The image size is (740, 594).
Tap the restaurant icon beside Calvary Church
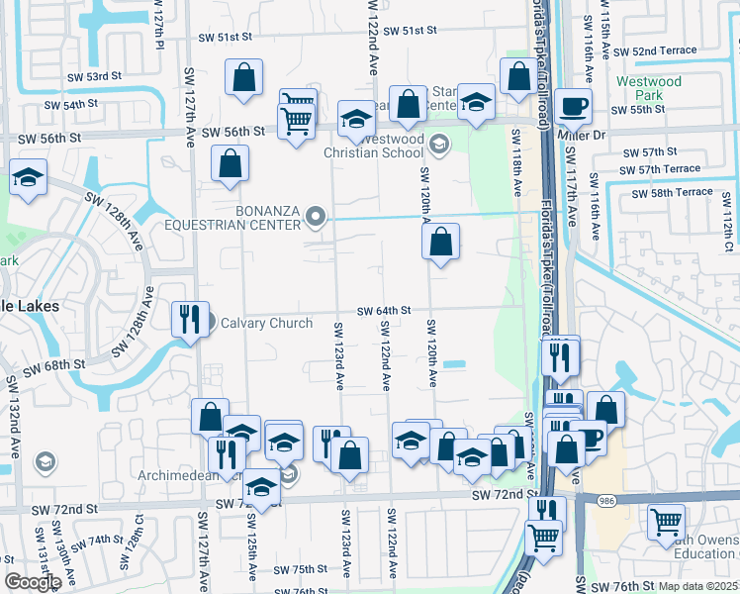pyautogui.click(x=189, y=319)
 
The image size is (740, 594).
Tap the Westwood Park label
pyautogui.click(x=648, y=89)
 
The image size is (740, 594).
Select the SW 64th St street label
pyautogui.click(x=384, y=310)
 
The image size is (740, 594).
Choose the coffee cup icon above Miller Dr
pyautogui.click(x=572, y=106)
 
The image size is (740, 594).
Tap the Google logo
pyautogui.click(x=33, y=581)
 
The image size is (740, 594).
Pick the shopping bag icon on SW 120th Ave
pyautogui.click(x=441, y=241)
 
